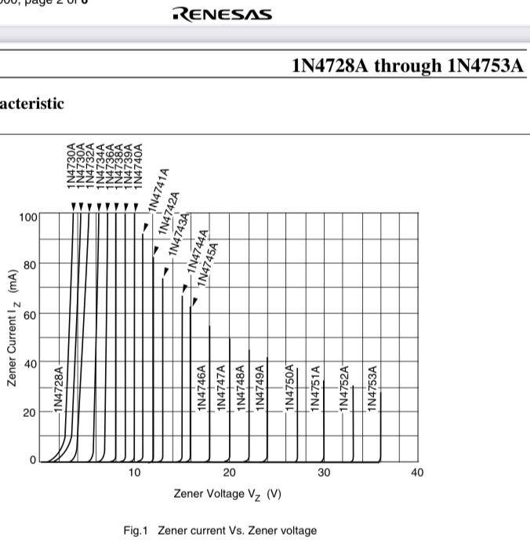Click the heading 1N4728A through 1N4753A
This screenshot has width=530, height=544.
tap(407, 65)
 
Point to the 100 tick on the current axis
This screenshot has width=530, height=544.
tap(28, 216)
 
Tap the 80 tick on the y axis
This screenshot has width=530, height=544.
tap(29, 265)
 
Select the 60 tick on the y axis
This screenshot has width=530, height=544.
tap(29, 314)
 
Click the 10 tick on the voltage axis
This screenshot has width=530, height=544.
tap(135, 473)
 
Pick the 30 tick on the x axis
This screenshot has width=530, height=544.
tap(324, 473)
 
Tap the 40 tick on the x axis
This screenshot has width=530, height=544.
tap(417, 473)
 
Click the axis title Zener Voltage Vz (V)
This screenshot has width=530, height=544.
tap(227, 494)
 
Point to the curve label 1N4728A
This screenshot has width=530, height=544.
tap(59, 388)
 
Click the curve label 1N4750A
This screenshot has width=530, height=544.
tap(289, 388)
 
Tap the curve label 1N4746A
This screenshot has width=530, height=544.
tap(201, 388)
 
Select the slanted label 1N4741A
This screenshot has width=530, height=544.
tap(158, 189)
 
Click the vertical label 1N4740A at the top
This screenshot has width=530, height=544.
tap(139, 165)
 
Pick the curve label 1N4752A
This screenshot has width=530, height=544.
tap(343, 388)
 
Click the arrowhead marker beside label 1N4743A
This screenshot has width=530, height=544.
tap(165, 272)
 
